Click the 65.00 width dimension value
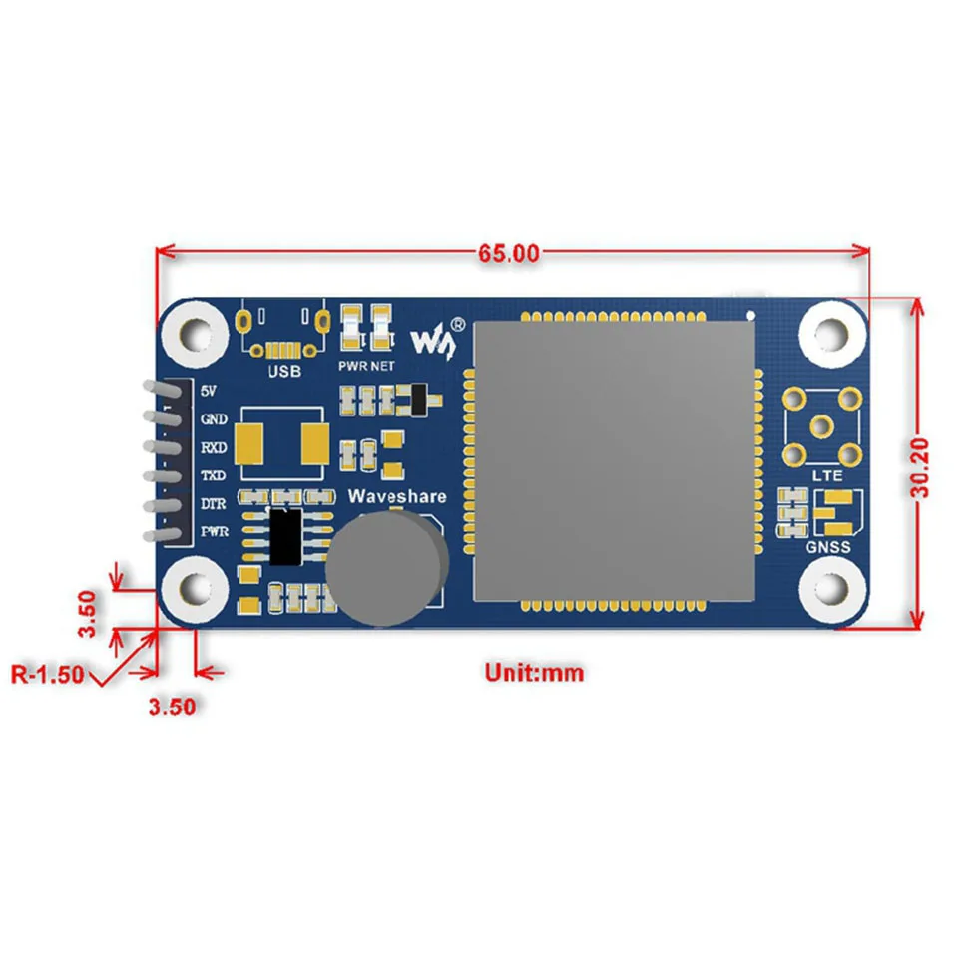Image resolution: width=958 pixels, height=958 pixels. point(507,253)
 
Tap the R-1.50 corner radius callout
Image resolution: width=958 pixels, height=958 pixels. point(47,674)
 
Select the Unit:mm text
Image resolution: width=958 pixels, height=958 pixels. point(534,672)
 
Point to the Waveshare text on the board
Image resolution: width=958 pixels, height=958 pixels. point(397,497)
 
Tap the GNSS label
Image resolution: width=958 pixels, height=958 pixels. point(827,548)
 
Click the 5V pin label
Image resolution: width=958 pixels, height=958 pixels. point(210,391)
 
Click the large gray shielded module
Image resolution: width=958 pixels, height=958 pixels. point(612,461)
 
